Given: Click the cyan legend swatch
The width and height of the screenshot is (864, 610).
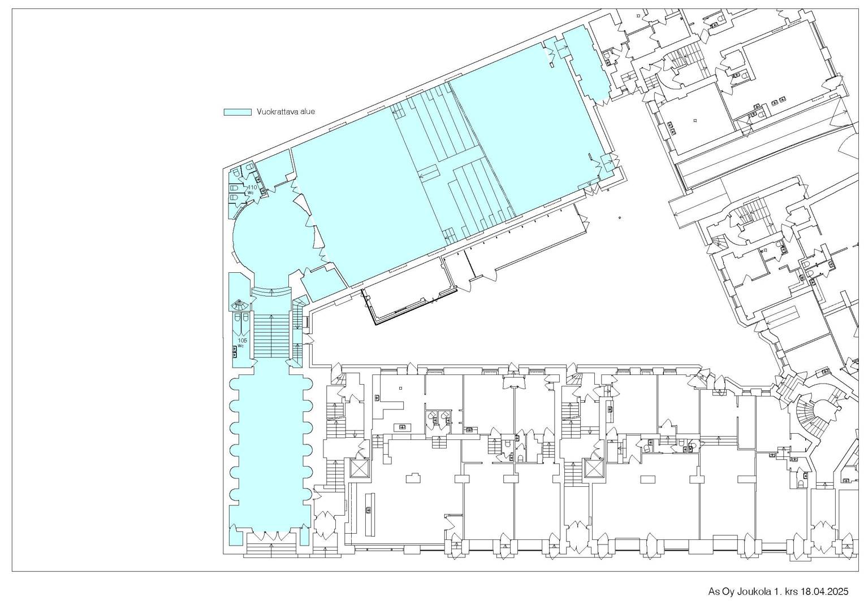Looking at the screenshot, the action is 237,112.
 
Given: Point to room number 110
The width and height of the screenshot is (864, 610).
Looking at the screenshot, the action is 252,188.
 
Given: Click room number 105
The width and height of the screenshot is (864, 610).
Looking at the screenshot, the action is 242,341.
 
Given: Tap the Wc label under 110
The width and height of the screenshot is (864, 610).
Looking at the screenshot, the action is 250,192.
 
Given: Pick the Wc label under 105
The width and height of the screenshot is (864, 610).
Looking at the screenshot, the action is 241,346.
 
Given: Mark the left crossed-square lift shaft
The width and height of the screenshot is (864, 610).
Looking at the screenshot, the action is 360,469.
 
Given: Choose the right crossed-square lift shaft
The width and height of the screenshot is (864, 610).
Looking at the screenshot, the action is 594,469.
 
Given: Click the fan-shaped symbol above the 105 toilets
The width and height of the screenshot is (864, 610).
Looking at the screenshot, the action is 240,305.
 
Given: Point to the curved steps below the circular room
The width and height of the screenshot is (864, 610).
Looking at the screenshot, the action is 271,291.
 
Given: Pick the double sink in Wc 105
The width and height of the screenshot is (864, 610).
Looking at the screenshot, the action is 235,351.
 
